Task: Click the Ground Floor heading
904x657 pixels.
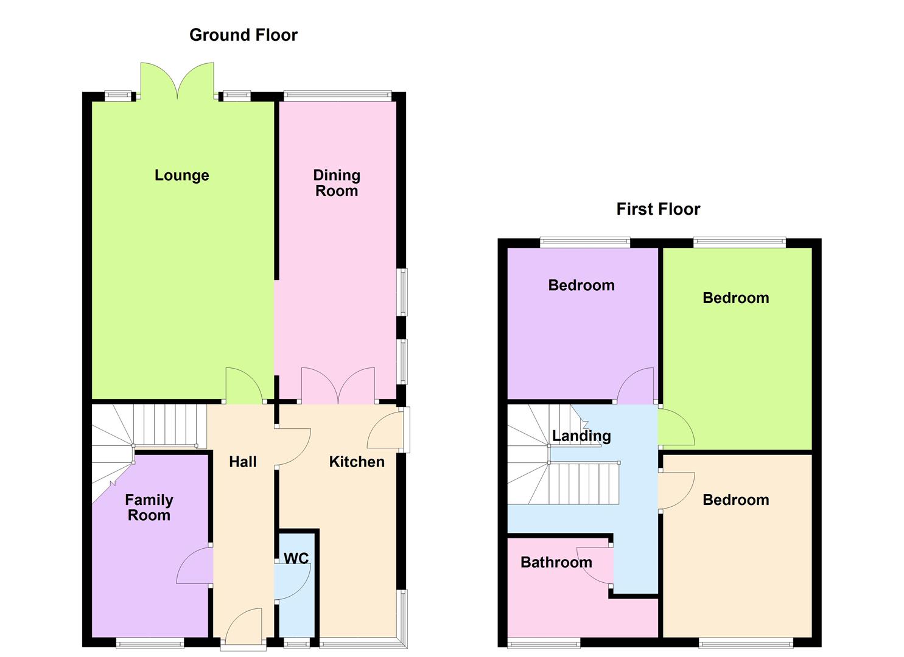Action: [x=243, y=35]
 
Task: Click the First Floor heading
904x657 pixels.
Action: [x=657, y=209]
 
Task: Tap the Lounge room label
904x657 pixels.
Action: [x=181, y=175]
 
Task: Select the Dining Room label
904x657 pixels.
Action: [x=336, y=183]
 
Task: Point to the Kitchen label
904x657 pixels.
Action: [x=356, y=462]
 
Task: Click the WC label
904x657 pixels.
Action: [x=296, y=558]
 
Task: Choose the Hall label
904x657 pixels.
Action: [x=242, y=462]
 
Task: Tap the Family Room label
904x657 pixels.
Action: [x=149, y=507]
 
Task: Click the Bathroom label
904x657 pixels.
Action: [x=556, y=562]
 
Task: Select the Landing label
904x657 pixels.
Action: [x=581, y=436]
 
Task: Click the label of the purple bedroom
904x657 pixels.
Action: [x=581, y=285]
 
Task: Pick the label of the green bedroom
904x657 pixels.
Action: [x=735, y=298]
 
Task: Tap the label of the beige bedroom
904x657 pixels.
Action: [x=735, y=500]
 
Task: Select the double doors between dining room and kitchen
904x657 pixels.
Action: [x=338, y=386]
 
